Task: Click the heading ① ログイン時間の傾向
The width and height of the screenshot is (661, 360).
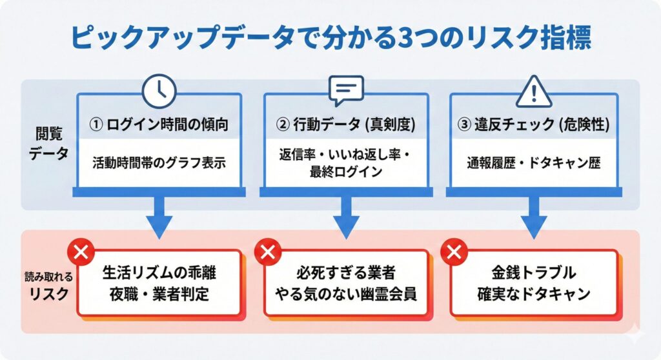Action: (159, 125)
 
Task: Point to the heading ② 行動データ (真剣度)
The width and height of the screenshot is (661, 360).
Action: (345, 125)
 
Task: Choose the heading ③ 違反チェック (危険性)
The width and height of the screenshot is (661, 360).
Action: (533, 125)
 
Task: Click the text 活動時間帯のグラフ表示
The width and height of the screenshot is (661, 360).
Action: (159, 162)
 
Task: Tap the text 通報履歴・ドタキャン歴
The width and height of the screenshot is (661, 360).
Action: (533, 162)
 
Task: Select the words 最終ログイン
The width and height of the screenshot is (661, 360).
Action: (345, 172)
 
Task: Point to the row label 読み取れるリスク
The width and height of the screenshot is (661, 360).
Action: (48, 284)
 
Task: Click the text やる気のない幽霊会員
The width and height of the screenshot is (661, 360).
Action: (345, 294)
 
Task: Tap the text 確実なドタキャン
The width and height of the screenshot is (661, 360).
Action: (533, 294)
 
